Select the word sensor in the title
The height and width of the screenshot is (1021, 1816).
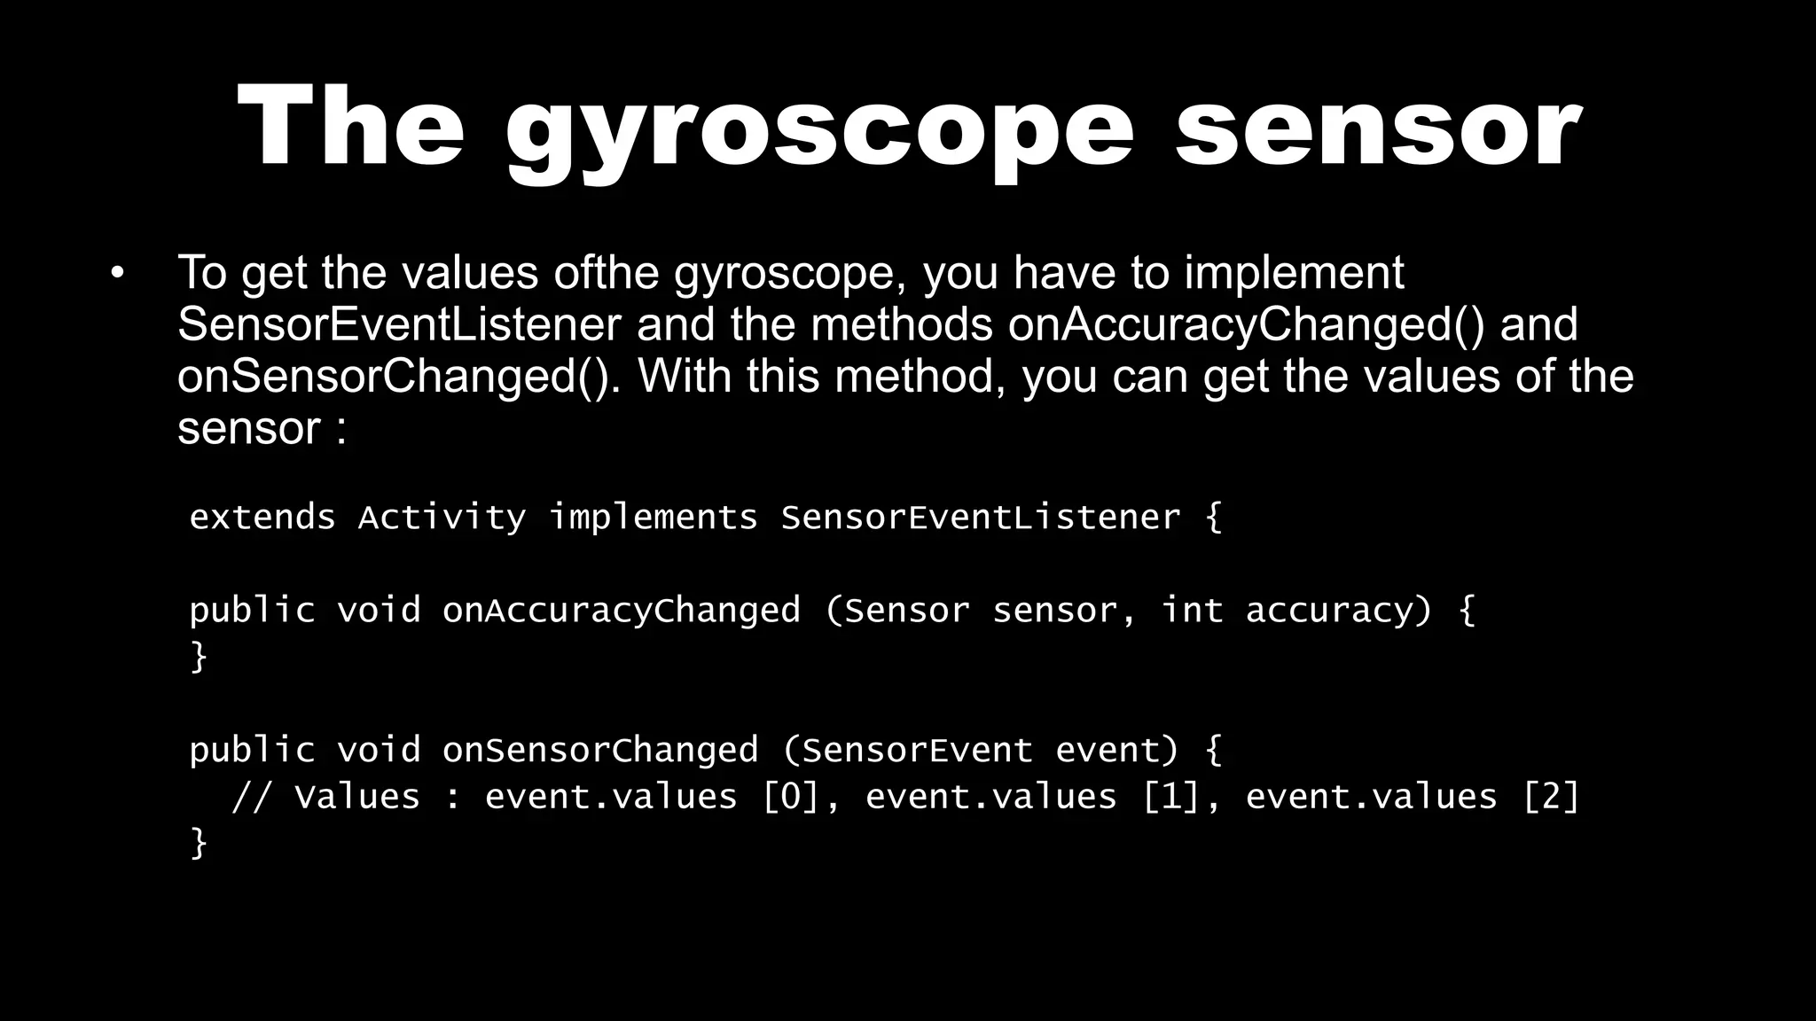pyautogui.click(x=1378, y=129)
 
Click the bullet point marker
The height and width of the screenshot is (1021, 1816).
pyautogui.click(x=118, y=273)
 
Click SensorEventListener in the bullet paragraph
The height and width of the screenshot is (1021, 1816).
pyautogui.click(x=399, y=324)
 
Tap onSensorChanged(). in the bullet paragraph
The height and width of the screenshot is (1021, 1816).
pyautogui.click(x=395, y=377)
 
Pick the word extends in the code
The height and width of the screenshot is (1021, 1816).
pyautogui.click(x=262, y=518)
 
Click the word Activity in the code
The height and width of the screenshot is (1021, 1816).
pyautogui.click(x=442, y=518)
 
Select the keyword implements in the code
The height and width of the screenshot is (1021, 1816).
pyautogui.click(x=654, y=518)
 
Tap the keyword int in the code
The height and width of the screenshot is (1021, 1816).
pyautogui.click(x=1192, y=611)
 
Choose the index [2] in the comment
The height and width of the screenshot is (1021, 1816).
pyautogui.click(x=1551, y=797)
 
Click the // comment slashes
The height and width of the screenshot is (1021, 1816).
pyautogui.click(x=252, y=797)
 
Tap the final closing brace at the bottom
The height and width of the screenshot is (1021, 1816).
pyautogui.click(x=199, y=843)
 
